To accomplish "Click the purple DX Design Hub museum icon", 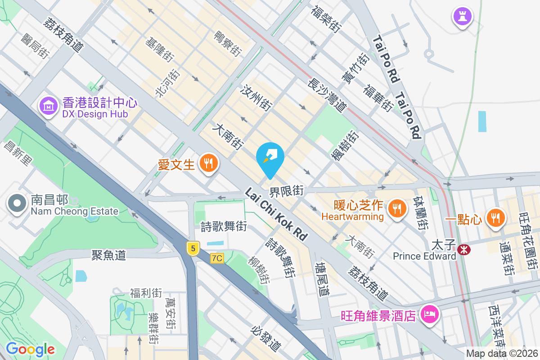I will (48, 106).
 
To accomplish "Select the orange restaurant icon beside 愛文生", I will (208, 162).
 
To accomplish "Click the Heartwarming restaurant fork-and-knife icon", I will (396, 209).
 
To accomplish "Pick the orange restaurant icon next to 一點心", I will (495, 218).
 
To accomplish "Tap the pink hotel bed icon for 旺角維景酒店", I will (430, 314).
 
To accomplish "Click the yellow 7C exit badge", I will (217, 258).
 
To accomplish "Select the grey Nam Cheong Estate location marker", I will (17, 203).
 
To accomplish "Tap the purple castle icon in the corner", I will (463, 17).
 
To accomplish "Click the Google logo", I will (30, 349).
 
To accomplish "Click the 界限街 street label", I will (286, 191).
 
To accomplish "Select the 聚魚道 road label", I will (108, 256).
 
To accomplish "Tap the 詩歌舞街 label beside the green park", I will (224, 226).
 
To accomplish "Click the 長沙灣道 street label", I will (327, 95).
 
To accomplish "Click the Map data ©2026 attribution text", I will (502, 354).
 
